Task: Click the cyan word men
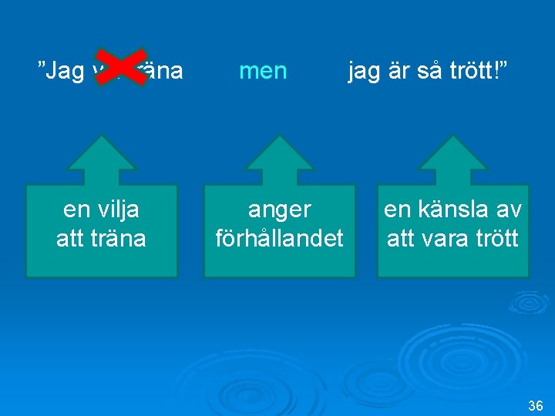(263, 72)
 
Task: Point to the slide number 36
(536, 405)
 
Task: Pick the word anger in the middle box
(280, 210)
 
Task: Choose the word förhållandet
(280, 238)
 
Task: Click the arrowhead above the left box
(102, 154)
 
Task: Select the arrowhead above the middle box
(280, 154)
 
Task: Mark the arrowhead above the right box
(453, 154)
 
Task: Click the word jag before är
(363, 72)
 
